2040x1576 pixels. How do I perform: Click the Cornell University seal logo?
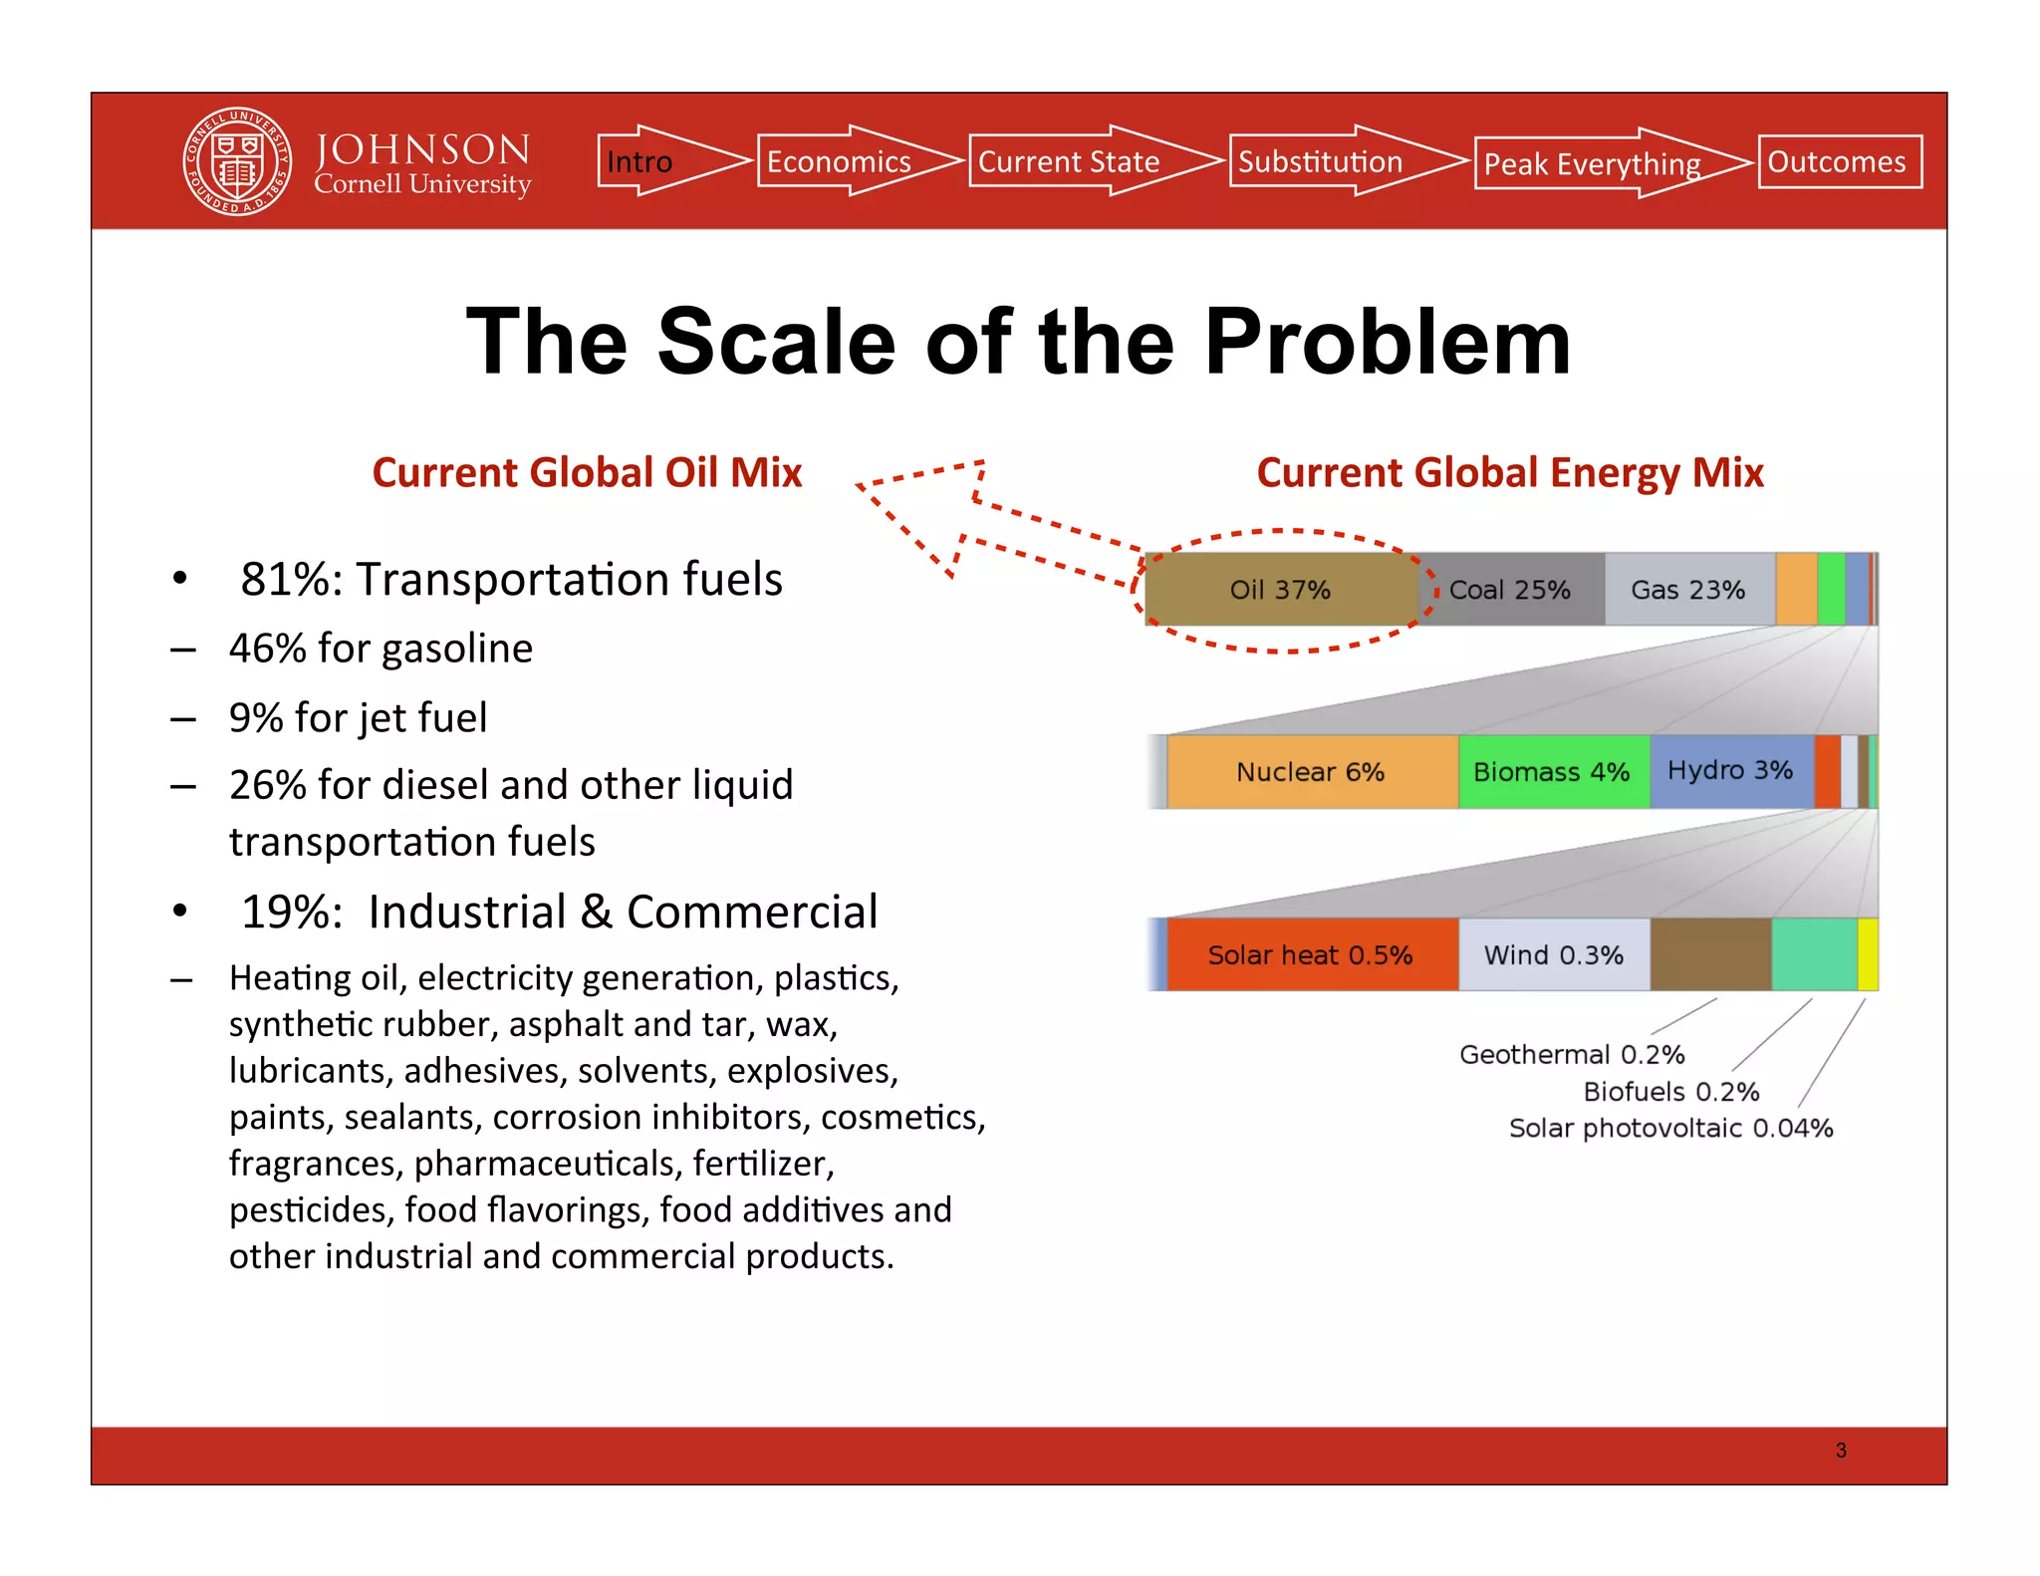[x=237, y=161]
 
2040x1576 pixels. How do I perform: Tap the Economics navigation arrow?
[x=847, y=161]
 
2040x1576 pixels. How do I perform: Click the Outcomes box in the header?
[x=1839, y=161]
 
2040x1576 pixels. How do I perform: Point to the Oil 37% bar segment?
[x=1280, y=590]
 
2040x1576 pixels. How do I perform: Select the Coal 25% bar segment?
[x=1510, y=590]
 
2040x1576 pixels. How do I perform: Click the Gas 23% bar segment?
[x=1688, y=590]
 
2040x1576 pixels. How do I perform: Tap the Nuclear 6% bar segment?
[x=1311, y=772]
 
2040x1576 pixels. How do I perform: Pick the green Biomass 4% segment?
[x=1552, y=772]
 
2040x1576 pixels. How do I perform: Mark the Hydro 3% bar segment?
[x=1730, y=771]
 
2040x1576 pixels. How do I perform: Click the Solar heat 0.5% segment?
[x=1311, y=954]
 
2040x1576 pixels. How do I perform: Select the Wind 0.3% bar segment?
[x=1554, y=954]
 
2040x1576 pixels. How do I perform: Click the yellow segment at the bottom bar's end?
[x=1868, y=954]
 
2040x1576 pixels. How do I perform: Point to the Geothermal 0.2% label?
[x=1572, y=1054]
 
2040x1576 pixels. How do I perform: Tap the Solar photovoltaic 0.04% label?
[x=1670, y=1128]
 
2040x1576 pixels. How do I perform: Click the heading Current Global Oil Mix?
[x=587, y=472]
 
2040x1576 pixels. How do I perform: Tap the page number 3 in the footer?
[x=1841, y=1450]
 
